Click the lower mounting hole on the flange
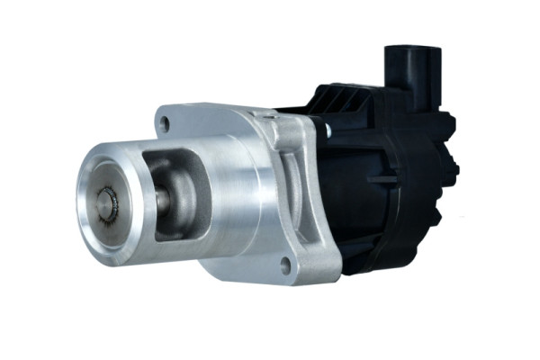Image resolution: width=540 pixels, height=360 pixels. [285, 265]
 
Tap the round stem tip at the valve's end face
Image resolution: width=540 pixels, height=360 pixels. [109, 205]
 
